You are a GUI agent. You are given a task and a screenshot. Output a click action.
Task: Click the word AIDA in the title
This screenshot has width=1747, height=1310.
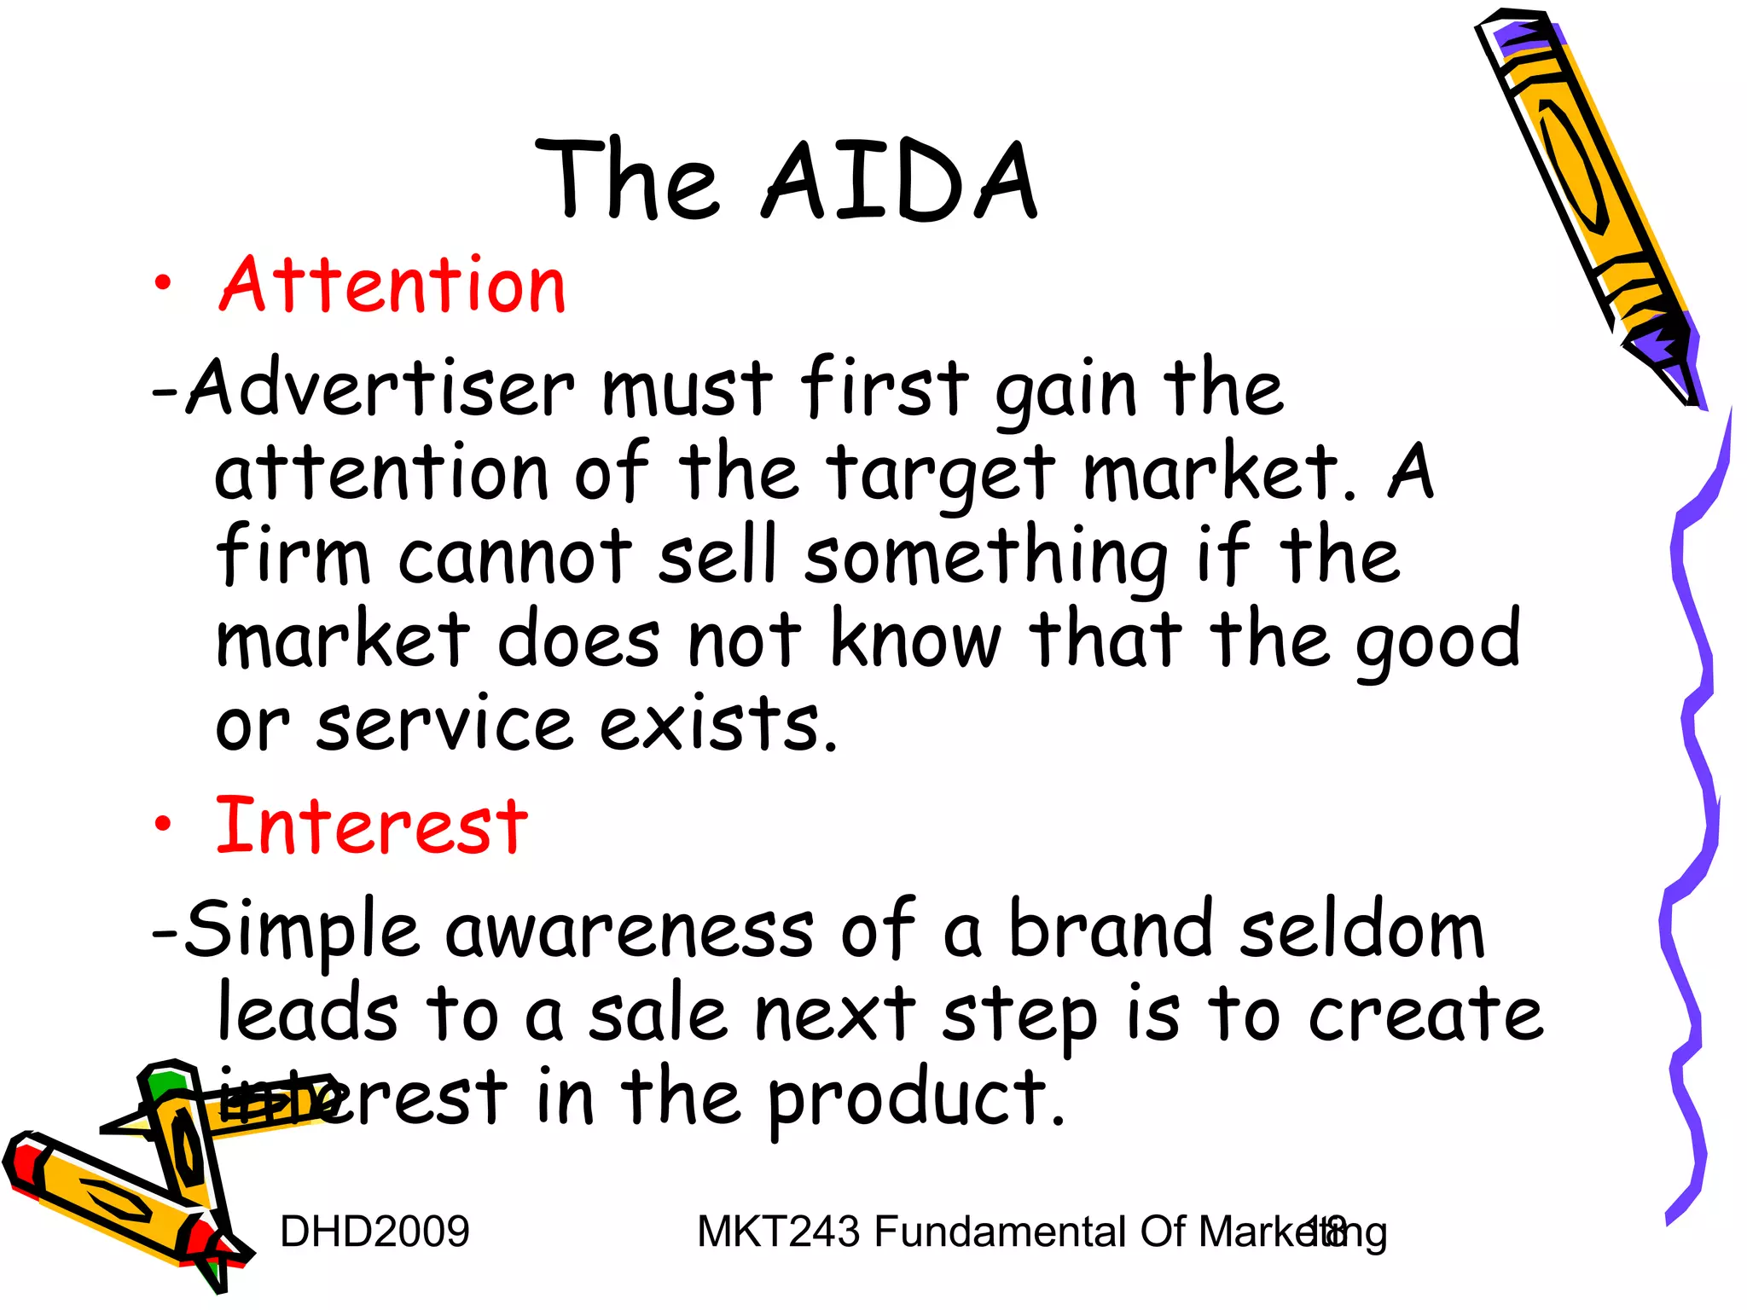[900, 182]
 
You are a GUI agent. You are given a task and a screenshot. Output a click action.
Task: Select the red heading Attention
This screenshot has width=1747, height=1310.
[393, 286]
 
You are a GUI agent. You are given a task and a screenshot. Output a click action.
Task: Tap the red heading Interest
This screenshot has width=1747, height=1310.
[372, 826]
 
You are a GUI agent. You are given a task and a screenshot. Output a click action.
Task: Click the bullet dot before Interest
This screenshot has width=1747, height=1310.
[163, 825]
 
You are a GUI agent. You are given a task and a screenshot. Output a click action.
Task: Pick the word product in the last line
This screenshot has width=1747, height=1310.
[916, 1100]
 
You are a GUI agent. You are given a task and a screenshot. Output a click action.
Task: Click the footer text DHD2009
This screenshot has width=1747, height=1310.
[374, 1232]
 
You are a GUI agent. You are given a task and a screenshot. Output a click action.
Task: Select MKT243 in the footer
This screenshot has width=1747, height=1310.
[778, 1232]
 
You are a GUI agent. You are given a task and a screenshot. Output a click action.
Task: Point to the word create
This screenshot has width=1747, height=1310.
[1425, 1015]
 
